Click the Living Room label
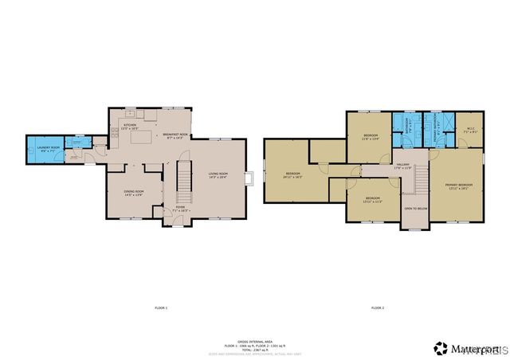(218, 176)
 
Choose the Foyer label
(170, 209)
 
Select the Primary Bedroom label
(457, 186)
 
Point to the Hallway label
(402, 166)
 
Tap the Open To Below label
(415, 209)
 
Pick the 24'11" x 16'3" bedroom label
(293, 175)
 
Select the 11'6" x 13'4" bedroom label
(371, 138)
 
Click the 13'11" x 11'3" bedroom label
(372, 199)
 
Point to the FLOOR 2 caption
(377, 307)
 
